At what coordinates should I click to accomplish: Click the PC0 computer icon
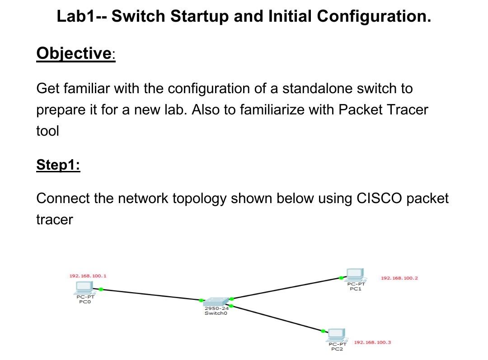pyautogui.click(x=84, y=288)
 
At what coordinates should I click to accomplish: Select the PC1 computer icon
pyautogui.click(x=355, y=275)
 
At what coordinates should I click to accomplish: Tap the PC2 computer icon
pyautogui.click(x=337, y=335)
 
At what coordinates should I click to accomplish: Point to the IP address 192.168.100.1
pyautogui.click(x=88, y=276)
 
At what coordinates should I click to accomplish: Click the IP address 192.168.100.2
pyautogui.click(x=399, y=278)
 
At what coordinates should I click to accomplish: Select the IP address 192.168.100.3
pyautogui.click(x=372, y=342)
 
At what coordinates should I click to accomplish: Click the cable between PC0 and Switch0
pyautogui.click(x=151, y=294)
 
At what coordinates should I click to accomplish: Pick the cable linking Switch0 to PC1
pyautogui.click(x=286, y=288)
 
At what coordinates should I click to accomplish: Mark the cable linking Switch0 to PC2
pyautogui.click(x=277, y=318)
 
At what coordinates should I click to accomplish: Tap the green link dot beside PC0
pyautogui.click(x=101, y=289)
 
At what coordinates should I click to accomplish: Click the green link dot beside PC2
pyautogui.click(x=323, y=331)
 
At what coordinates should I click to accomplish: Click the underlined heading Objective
pyautogui.click(x=74, y=53)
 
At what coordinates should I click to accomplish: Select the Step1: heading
pyautogui.click(x=58, y=165)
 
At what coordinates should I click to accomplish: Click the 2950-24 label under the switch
pyautogui.click(x=216, y=308)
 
